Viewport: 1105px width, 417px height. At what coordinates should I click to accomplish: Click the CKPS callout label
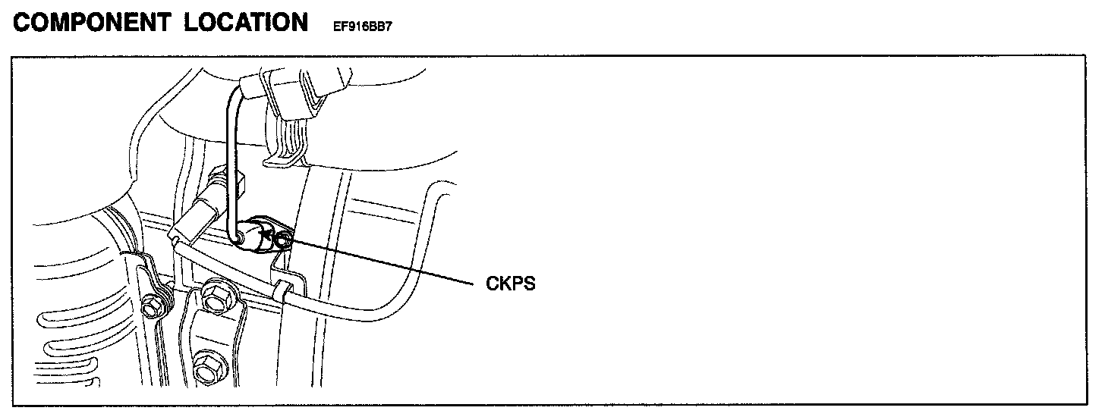(511, 286)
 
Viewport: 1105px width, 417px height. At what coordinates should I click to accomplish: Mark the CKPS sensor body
(256, 234)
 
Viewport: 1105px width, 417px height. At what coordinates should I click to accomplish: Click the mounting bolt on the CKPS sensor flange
(283, 241)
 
